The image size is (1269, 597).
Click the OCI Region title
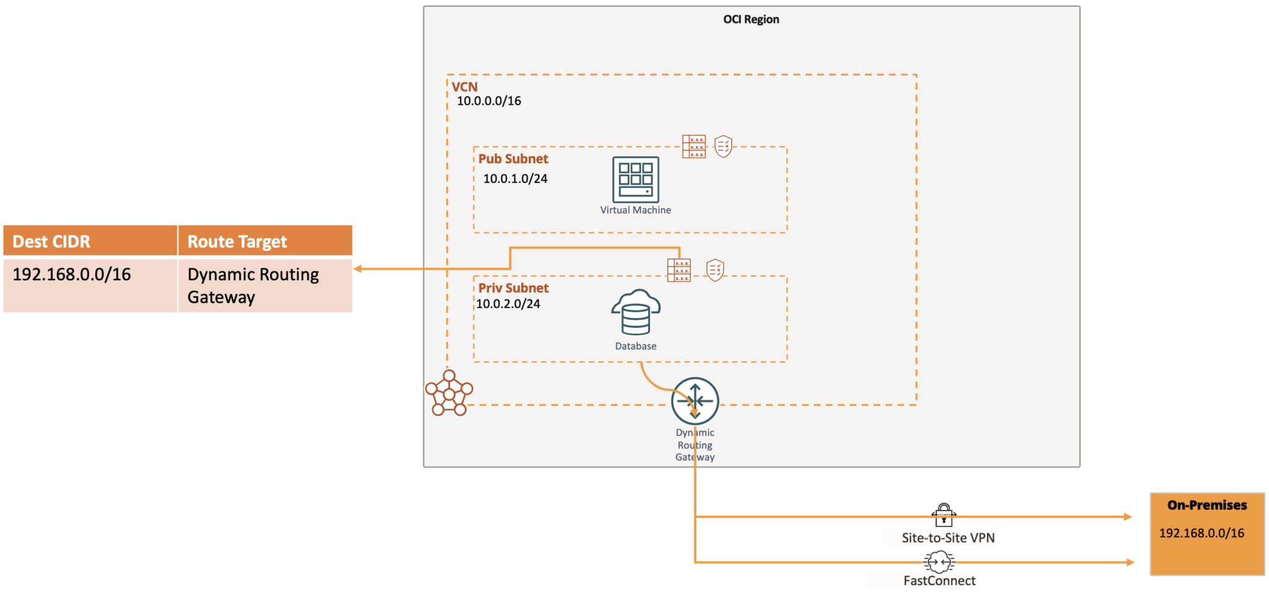pyautogui.click(x=751, y=19)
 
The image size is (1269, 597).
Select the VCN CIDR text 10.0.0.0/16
pyautogui.click(x=489, y=101)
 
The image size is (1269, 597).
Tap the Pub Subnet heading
pyautogui.click(x=513, y=159)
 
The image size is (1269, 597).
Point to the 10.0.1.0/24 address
pyautogui.click(x=515, y=179)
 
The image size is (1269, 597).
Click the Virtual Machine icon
pyautogui.click(x=635, y=180)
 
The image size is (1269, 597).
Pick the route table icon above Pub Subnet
pyautogui.click(x=693, y=146)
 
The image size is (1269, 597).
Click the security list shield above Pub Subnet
pyautogui.click(x=723, y=146)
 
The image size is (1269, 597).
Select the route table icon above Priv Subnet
pyautogui.click(x=678, y=270)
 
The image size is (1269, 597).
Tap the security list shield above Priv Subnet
pyautogui.click(x=715, y=270)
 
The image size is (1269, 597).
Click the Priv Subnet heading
pyautogui.click(x=513, y=288)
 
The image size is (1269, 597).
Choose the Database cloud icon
pyautogui.click(x=636, y=312)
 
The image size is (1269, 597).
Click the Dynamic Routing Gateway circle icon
pyautogui.click(x=695, y=401)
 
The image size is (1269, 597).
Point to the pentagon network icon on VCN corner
pyautogui.click(x=449, y=393)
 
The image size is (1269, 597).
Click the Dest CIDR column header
pyautogui.click(x=51, y=241)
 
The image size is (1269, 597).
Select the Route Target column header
pyautogui.click(x=237, y=241)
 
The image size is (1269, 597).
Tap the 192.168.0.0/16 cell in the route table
pyautogui.click(x=72, y=275)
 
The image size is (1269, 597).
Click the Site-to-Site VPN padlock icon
pyautogui.click(x=944, y=515)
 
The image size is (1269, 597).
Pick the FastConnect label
pyautogui.click(x=939, y=581)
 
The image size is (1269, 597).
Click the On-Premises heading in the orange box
pyautogui.click(x=1206, y=505)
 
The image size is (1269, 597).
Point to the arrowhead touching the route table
pyautogui.click(x=358, y=269)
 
